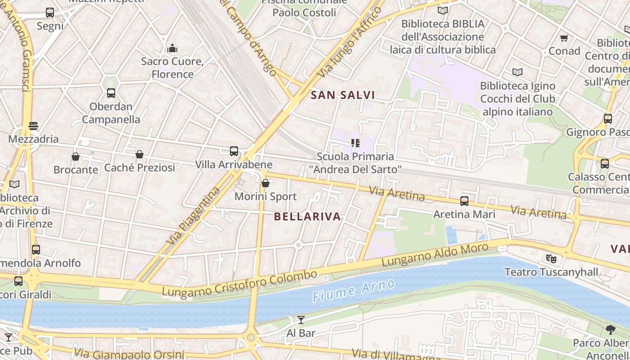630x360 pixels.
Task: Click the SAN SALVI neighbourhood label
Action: pos(343,95)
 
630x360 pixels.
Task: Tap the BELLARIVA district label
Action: pos(307,216)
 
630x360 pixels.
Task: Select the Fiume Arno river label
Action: pos(354,290)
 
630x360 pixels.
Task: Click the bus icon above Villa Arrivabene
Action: pos(234,151)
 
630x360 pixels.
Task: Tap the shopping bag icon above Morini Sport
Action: pos(265,183)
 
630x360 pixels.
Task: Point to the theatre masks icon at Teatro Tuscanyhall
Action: pos(551,259)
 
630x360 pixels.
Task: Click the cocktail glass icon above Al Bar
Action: pos(301,320)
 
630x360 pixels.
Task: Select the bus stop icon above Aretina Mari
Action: pos(464,201)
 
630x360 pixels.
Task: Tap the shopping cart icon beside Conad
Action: pos(564,38)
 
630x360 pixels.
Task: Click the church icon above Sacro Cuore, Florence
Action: pos(172,48)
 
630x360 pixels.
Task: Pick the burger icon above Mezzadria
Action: pos(33,126)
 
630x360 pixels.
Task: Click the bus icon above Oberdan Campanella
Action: pos(111,93)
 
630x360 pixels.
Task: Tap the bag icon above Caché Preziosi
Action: pos(139,154)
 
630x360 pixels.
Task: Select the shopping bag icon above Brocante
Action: pos(76,157)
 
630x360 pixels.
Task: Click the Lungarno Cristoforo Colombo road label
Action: pos(239,283)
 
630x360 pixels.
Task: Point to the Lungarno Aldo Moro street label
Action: pos(435,255)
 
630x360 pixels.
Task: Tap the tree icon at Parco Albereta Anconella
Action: pos(611,330)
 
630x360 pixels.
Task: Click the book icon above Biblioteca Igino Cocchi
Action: pos(517,72)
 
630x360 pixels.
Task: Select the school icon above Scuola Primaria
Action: pos(355,143)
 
